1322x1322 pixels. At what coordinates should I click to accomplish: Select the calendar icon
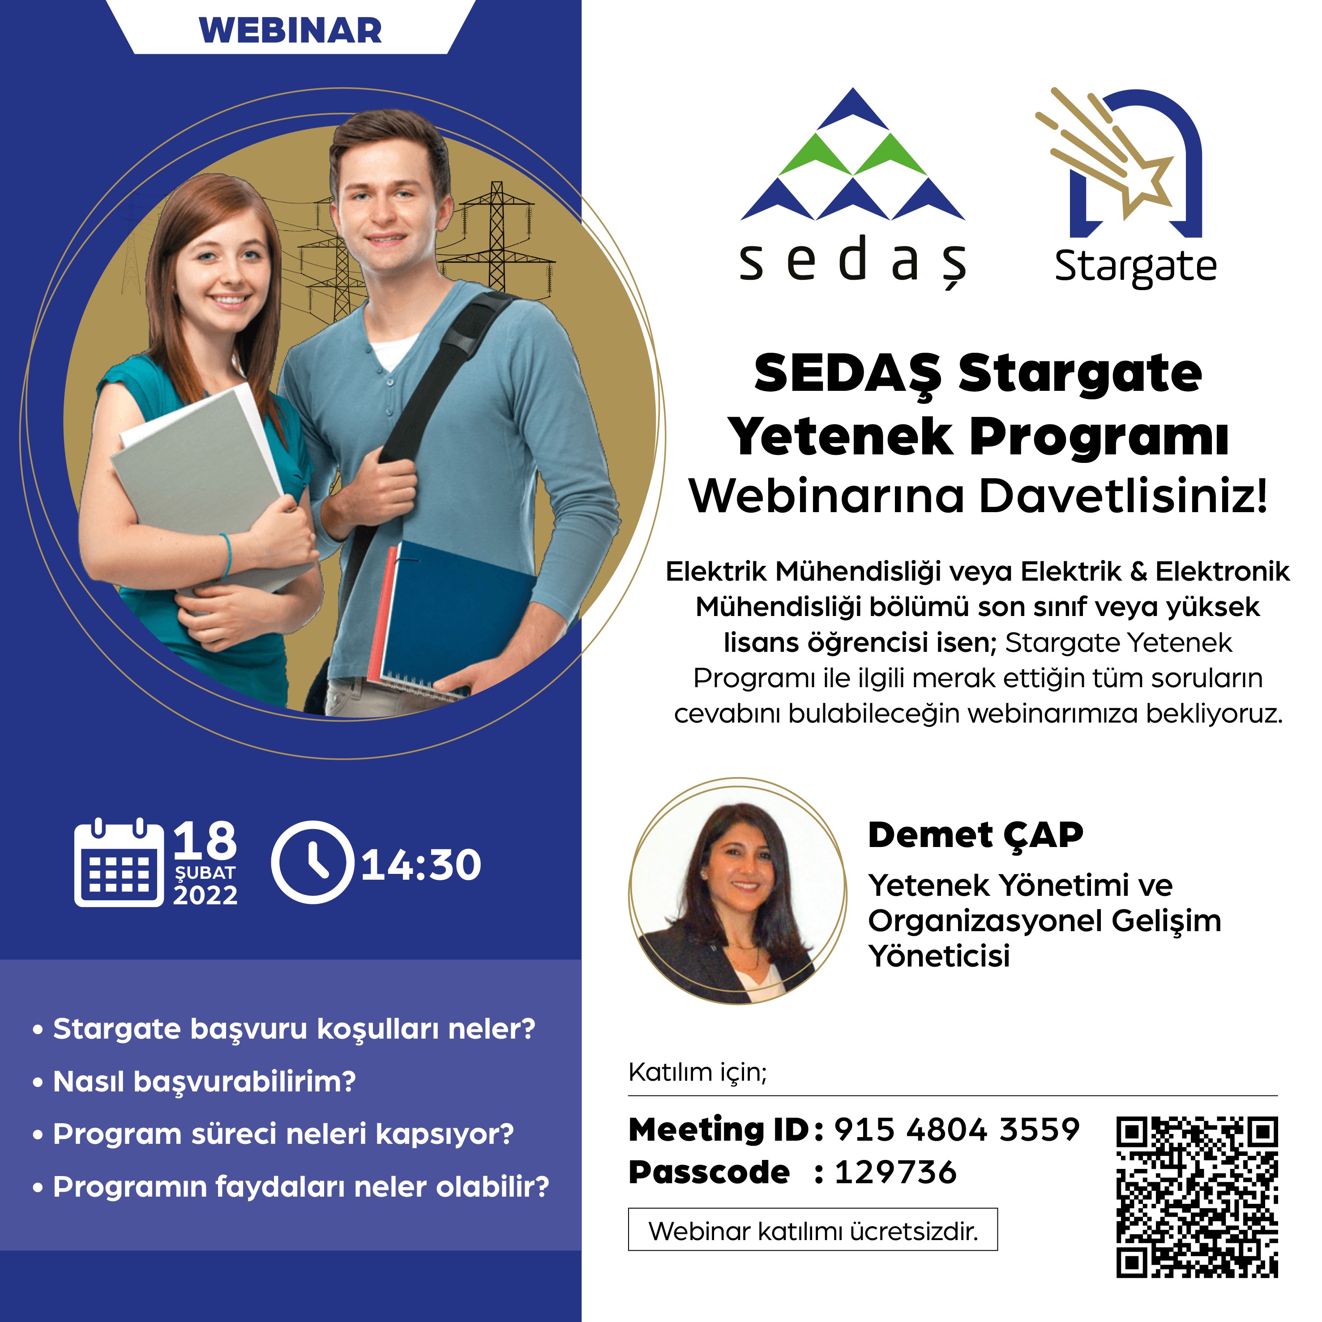point(119,862)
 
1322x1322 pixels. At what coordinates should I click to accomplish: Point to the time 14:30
point(421,864)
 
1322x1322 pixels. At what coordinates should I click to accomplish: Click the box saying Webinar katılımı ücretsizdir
point(813,1230)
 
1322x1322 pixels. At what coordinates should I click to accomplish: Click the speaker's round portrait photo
point(738,891)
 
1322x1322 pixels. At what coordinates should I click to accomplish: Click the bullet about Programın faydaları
point(291,1186)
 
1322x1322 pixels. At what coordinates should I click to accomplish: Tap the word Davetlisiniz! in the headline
point(1123,496)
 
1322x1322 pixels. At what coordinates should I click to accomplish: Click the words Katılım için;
point(698,1072)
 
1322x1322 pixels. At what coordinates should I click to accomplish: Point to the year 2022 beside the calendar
point(205,895)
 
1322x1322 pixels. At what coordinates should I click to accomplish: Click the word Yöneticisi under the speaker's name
point(939,956)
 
